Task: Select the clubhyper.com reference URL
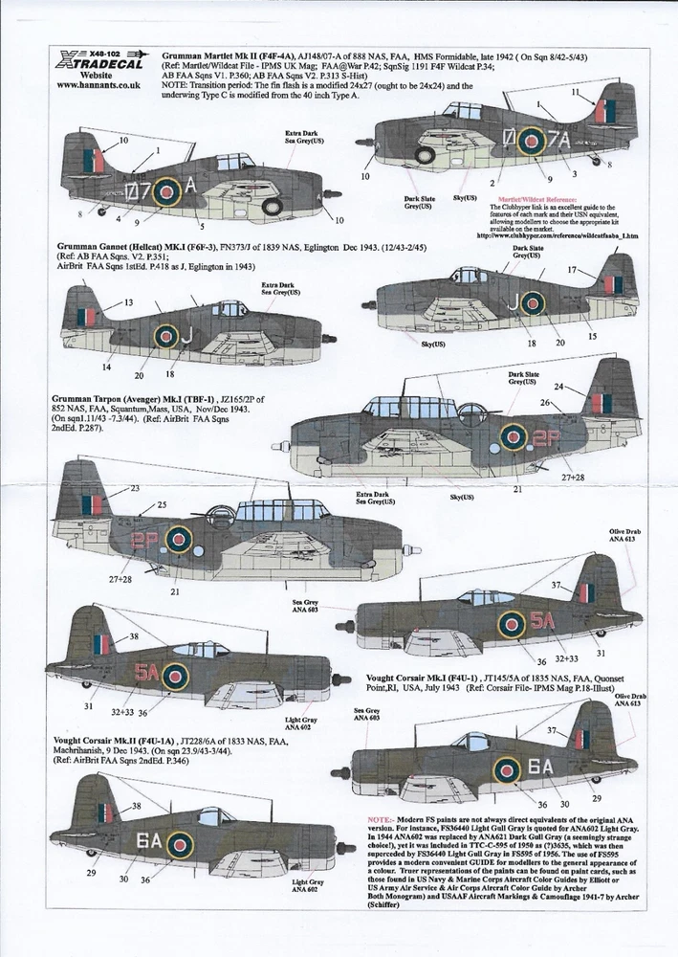click(x=564, y=236)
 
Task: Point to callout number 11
click(x=576, y=92)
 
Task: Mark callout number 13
click(x=128, y=301)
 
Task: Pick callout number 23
click(x=134, y=487)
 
